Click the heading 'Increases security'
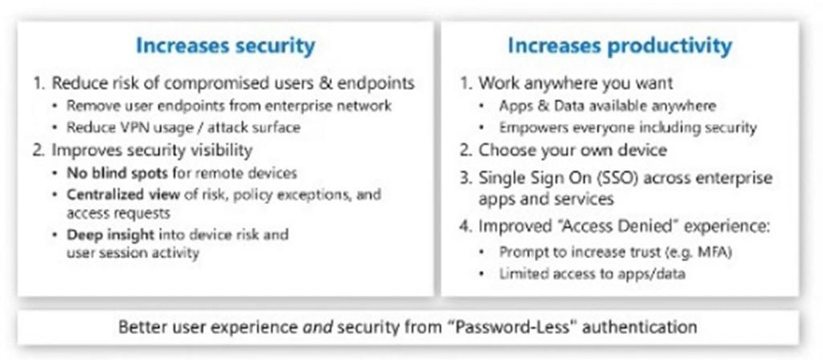point(226,46)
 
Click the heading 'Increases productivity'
point(620,46)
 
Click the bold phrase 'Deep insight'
point(110,234)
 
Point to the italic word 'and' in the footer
point(317,328)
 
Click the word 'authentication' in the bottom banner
point(640,328)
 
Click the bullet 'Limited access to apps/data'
point(592,274)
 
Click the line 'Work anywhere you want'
point(567,83)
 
